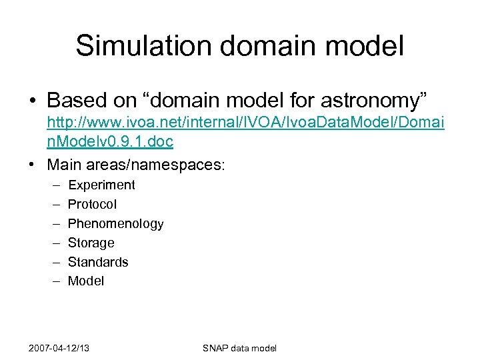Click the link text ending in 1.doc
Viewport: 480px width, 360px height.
point(110,142)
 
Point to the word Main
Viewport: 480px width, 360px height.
point(65,163)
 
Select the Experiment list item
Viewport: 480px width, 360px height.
point(101,185)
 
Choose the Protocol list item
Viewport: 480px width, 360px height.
point(92,205)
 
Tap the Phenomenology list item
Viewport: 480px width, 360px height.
point(115,224)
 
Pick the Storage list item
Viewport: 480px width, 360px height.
point(91,243)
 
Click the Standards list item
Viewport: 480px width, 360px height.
point(98,262)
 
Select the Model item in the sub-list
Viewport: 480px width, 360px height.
point(86,281)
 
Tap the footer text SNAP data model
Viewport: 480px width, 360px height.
point(239,348)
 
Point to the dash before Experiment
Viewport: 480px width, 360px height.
point(53,185)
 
